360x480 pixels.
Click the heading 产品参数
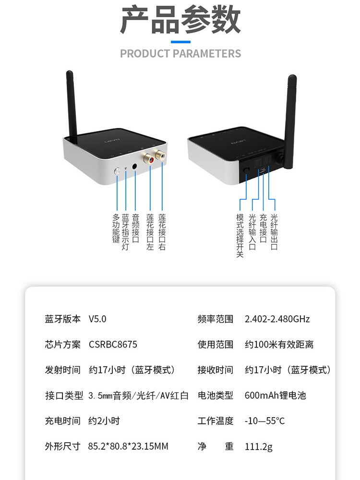pyautogui.click(x=180, y=20)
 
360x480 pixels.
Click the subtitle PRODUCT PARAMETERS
pyautogui.click(x=180, y=53)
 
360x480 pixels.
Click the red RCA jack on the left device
pyautogui.click(x=151, y=158)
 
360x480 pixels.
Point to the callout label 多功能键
pyautogui.click(x=116, y=228)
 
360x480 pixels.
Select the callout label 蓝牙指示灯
pyautogui.click(x=126, y=232)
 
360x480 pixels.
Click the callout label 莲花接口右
pyautogui.click(x=162, y=232)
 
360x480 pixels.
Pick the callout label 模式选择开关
pyautogui.click(x=240, y=235)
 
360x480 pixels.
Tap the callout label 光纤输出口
pyautogui.click(x=274, y=232)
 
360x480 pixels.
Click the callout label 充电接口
pyautogui.click(x=263, y=228)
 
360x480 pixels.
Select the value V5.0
pyautogui.click(x=97, y=319)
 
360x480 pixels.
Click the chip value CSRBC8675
pyautogui.click(x=113, y=345)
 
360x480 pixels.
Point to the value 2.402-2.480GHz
pyautogui.click(x=277, y=319)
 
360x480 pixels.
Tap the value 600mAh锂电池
pyautogui.click(x=275, y=396)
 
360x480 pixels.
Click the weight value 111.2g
pyautogui.click(x=258, y=447)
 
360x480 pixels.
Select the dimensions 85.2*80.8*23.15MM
pyautogui.click(x=128, y=447)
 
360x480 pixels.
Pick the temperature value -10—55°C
pyautogui.click(x=264, y=421)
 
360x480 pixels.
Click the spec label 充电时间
pyautogui.click(x=62, y=421)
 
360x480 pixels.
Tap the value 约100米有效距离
pyautogui.click(x=279, y=345)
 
